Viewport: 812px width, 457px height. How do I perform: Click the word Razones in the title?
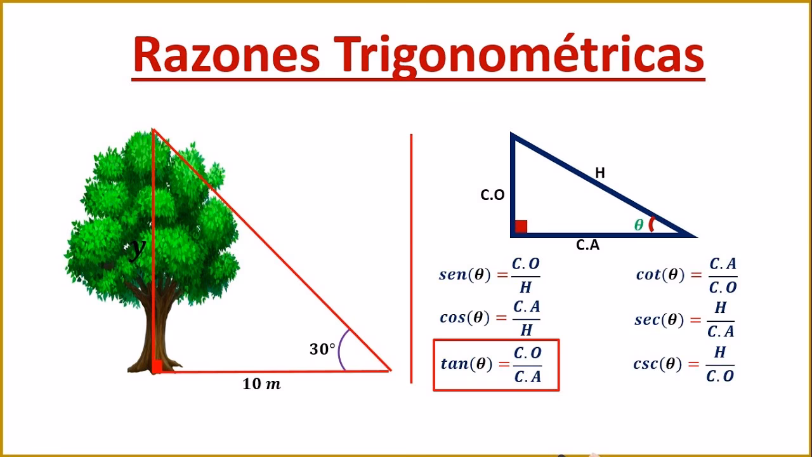[226, 55]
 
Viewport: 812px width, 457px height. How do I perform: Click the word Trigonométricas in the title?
[520, 56]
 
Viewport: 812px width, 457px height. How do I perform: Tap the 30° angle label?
[322, 349]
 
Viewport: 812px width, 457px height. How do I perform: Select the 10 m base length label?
[261, 384]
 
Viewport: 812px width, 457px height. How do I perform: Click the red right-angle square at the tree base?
[157, 366]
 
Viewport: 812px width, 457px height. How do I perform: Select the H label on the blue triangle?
[599, 172]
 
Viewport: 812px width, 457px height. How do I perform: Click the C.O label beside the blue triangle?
[492, 195]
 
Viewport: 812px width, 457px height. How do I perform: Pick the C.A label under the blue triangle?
[587, 245]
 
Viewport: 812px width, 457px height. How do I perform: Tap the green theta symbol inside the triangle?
[639, 225]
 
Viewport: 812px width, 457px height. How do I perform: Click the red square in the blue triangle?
[521, 227]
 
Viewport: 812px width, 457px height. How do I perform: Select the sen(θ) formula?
[489, 275]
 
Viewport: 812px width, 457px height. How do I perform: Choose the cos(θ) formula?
[489, 318]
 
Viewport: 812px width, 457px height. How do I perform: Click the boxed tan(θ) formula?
[496, 365]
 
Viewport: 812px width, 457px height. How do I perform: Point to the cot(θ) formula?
[686, 275]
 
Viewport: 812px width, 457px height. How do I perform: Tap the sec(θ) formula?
[684, 320]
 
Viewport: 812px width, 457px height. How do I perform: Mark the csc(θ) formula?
[684, 364]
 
